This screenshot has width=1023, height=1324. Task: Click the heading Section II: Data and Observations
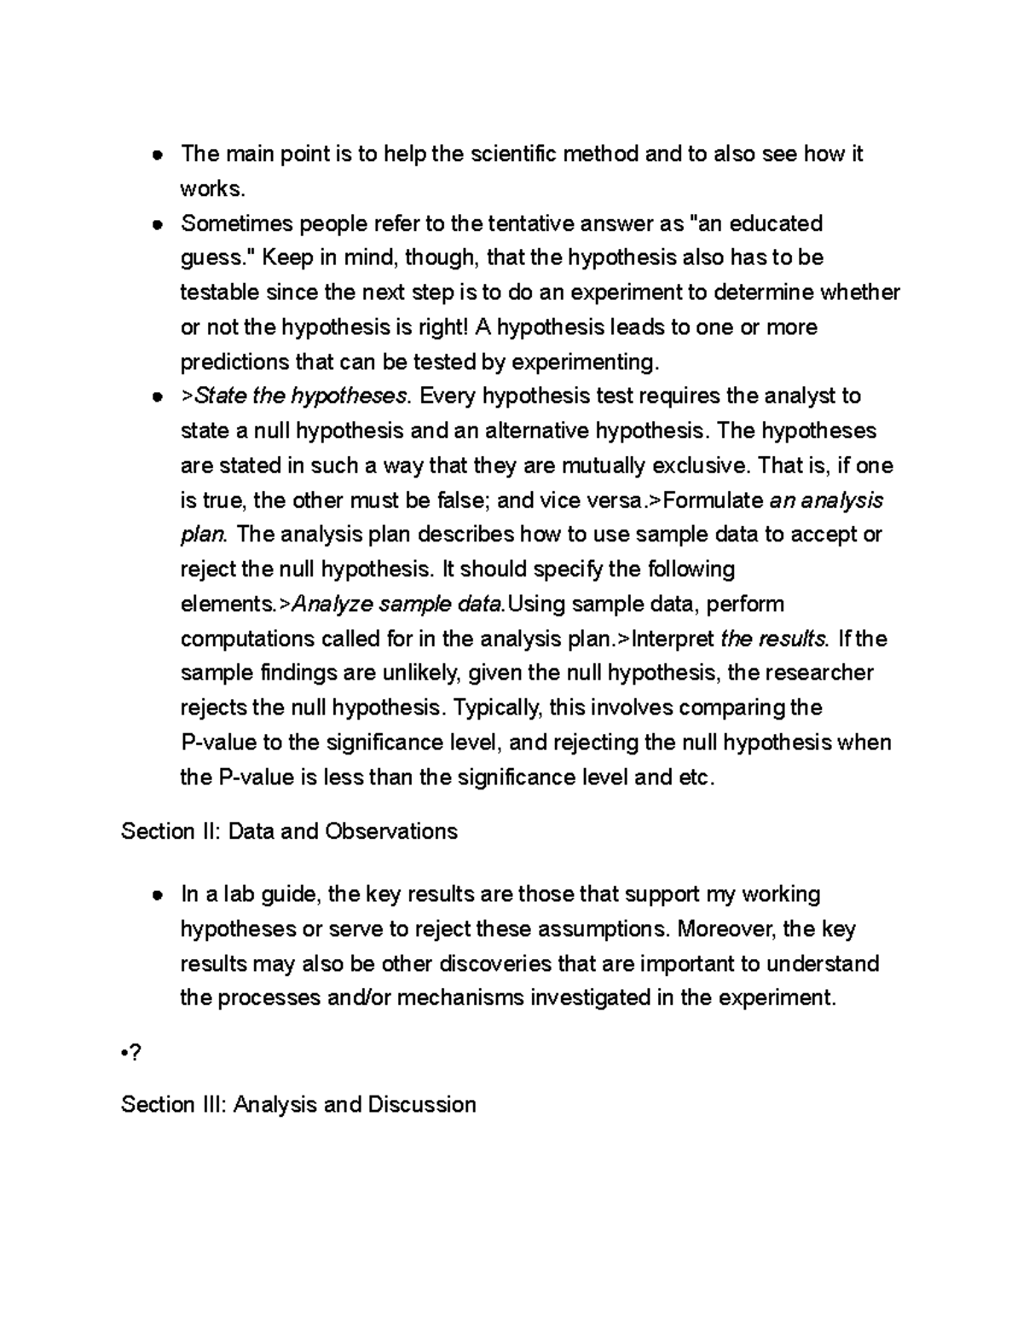point(289,831)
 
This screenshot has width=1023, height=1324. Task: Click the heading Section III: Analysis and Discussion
point(298,1105)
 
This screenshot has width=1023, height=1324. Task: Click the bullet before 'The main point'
point(157,155)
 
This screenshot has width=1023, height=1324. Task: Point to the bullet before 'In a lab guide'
point(157,895)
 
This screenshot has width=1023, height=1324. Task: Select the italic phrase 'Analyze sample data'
point(399,604)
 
